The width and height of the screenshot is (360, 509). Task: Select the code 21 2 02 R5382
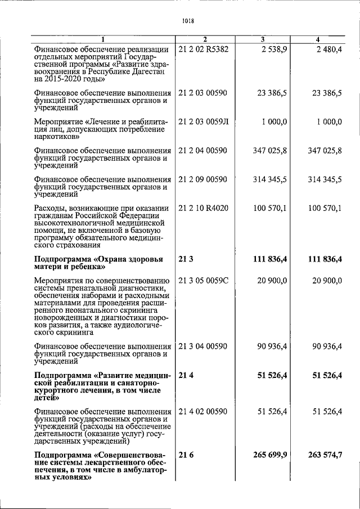coord(203,50)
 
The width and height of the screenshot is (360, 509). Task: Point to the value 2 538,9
coord(274,50)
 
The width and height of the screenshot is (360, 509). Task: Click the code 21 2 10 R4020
coord(202,208)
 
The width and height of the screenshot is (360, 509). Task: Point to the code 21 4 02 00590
coord(202,412)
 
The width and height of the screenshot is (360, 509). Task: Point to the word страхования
coord(71,245)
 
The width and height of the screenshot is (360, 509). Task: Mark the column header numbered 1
coord(102,39)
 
